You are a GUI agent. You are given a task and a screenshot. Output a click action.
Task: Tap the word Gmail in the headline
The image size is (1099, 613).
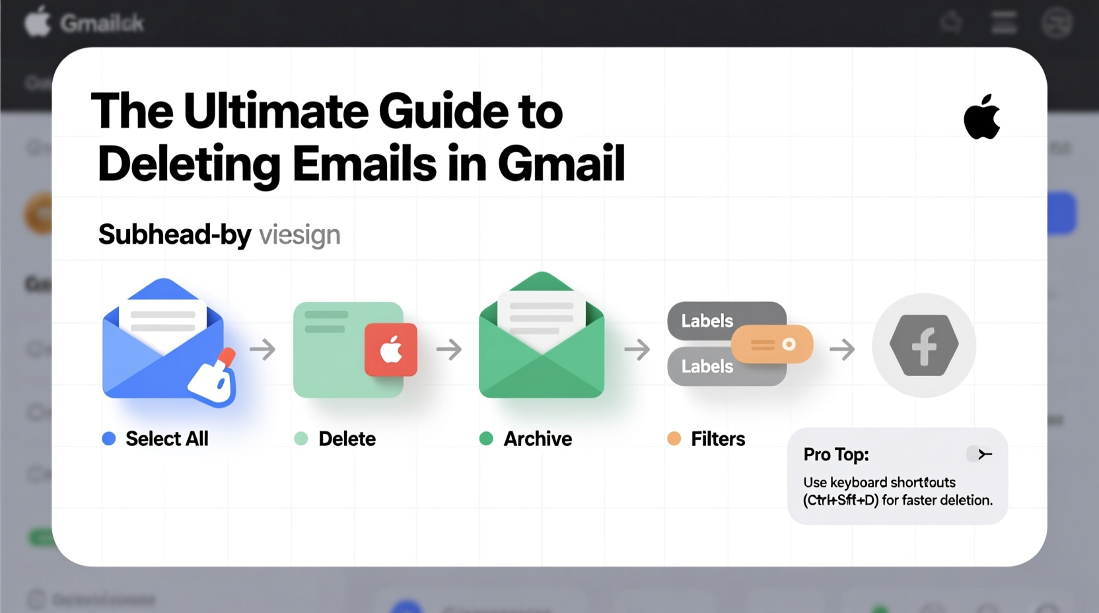pos(561,164)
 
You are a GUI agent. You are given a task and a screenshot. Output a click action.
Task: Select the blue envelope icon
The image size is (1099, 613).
pos(164,340)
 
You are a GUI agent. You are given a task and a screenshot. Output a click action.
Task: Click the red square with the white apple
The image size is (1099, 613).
pos(391,349)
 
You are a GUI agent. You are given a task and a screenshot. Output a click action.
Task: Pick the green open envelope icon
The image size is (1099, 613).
pos(542,337)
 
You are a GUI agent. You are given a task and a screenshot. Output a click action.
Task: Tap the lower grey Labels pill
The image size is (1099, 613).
pos(708,367)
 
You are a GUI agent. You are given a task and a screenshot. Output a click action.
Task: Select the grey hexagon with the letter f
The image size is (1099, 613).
pos(923,345)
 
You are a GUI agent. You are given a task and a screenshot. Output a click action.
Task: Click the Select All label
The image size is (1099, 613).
pos(166,439)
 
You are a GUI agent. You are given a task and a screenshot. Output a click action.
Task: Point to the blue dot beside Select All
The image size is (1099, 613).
pos(109,439)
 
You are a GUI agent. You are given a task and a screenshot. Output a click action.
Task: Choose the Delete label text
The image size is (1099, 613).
pos(347,439)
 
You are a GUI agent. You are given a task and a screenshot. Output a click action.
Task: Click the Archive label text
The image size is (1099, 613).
pos(538,439)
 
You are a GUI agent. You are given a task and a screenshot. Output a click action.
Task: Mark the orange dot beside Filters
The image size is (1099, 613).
pos(674,439)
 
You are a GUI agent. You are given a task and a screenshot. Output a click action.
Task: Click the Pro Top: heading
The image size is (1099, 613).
pos(836,454)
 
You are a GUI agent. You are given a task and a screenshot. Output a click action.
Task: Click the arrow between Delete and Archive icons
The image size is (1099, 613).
pos(449,349)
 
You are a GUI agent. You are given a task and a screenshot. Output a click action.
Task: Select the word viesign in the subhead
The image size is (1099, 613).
pos(299,235)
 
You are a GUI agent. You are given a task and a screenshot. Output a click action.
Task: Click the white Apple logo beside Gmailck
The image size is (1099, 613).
pos(38,22)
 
